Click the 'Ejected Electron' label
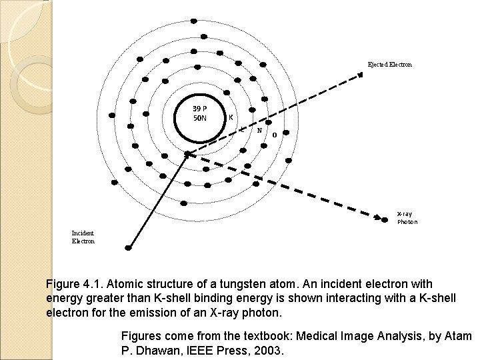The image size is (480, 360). [390, 65]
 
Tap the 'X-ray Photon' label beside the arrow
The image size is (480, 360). [407, 218]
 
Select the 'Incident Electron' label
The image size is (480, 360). [83, 237]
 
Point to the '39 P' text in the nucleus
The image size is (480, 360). [200, 109]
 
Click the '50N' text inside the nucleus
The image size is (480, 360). [200, 118]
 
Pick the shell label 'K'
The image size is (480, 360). [231, 117]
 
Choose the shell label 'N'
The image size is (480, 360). [259, 131]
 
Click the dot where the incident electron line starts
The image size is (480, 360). [129, 248]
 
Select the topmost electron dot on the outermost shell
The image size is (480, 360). [194, 20]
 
